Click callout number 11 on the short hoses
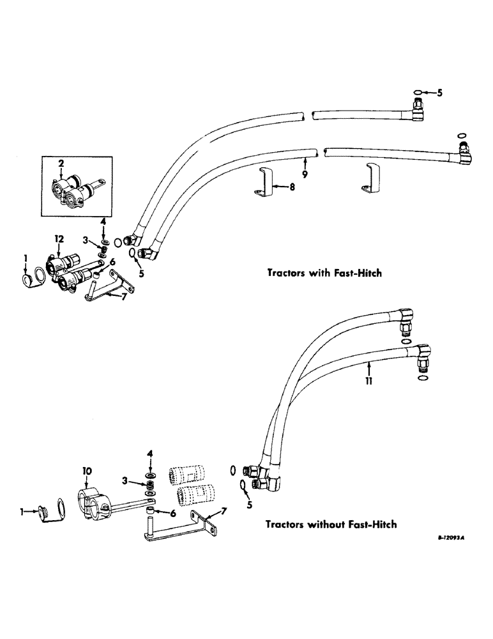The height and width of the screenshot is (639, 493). [369, 381]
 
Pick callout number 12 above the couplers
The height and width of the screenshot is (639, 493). [59, 238]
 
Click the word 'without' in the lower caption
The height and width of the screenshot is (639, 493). [317, 525]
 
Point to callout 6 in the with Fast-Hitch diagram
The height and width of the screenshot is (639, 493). [112, 261]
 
